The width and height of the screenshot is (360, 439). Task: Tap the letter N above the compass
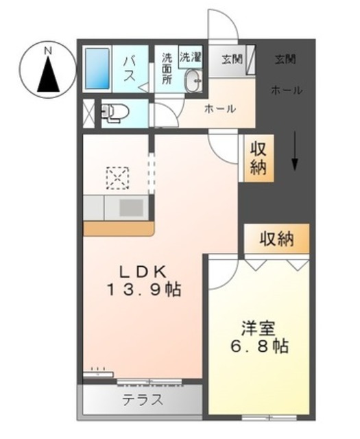click(48, 50)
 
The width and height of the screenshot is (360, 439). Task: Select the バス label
click(128, 70)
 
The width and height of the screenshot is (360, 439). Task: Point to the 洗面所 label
click(167, 69)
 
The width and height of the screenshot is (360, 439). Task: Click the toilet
click(113, 112)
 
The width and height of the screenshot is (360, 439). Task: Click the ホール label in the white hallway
click(220, 108)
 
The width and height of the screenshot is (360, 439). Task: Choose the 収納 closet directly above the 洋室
click(276, 239)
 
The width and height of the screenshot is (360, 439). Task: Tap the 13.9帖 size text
click(142, 289)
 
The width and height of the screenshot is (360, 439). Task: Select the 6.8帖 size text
click(258, 346)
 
